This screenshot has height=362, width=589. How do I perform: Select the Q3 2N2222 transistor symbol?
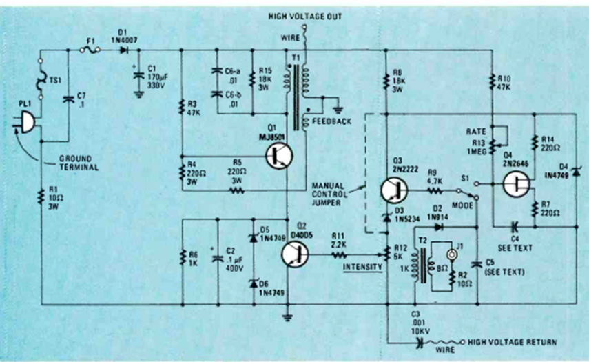pyautogui.click(x=393, y=191)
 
